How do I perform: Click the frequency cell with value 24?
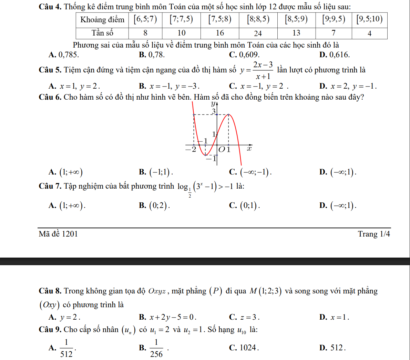coord(258,33)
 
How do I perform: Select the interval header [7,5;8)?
coord(219,19)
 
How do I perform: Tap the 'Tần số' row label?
coord(102,33)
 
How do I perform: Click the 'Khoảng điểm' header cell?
coord(102,19)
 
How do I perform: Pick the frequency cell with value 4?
coord(369,33)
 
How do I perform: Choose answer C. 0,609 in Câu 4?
coord(244,54)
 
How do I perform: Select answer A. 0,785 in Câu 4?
coord(64,54)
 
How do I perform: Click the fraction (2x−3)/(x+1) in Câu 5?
coord(263,70)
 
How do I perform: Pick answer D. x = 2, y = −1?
coord(348,86)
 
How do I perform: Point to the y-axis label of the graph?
coord(213,103)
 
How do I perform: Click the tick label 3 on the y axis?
coord(214,111)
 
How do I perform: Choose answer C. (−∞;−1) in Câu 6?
coord(250,172)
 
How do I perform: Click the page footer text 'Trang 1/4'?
coord(374,234)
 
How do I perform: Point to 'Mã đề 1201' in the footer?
coord(58,234)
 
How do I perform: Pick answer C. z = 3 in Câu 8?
coord(244,317)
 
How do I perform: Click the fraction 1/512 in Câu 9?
coord(66,348)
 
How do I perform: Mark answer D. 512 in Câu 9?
coord(332,348)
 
